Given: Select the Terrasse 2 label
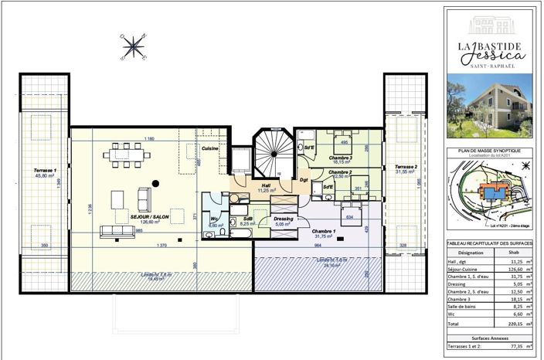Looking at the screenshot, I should pos(406,168).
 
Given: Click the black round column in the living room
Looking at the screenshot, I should pos(155,183).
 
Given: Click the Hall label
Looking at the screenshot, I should pos(264,185).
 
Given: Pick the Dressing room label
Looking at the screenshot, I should pos(284,219).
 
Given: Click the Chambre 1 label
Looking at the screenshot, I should pos(324,231).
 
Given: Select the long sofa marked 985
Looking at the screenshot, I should pos(117,230).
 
